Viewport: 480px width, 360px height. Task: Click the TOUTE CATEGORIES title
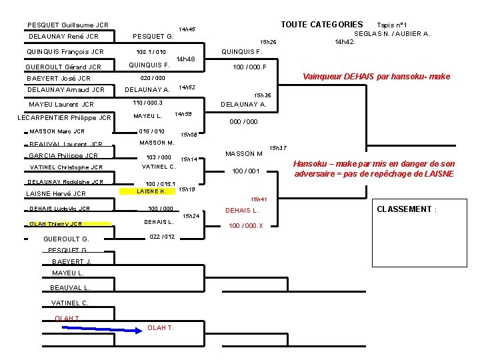321,25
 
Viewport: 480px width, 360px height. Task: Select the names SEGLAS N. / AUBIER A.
391,33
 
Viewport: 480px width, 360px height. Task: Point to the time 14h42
344,42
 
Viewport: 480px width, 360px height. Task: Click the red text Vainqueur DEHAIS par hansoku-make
376,76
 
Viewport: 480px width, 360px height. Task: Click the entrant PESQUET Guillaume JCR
68,25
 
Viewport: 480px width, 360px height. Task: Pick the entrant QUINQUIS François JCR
65,51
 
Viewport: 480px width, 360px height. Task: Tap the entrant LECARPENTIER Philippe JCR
64,118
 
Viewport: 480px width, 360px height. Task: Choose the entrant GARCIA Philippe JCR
63,155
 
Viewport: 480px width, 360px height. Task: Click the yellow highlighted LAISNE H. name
151,192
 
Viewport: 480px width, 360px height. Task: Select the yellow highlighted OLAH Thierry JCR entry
56,224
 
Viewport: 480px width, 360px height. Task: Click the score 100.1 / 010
151,51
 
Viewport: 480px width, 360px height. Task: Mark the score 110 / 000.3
148,103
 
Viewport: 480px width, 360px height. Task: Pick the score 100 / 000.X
246,225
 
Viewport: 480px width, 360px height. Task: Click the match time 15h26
268,43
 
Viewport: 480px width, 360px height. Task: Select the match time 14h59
183,115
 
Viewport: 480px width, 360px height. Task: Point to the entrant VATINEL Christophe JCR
65,168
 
